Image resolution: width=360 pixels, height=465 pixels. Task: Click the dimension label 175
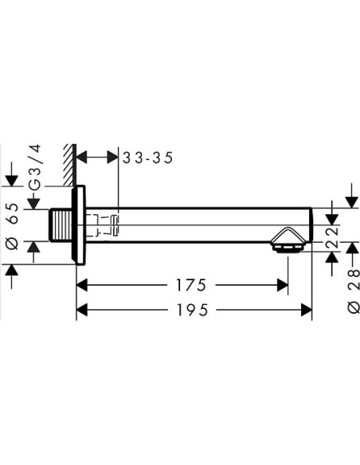click(191, 285)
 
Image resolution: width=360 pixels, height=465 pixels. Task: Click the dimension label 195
click(193, 311)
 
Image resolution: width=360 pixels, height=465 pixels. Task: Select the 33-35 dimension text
click(147, 158)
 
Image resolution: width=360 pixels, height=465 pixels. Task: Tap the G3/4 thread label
click(35, 167)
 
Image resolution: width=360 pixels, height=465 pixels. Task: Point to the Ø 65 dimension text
click(13, 226)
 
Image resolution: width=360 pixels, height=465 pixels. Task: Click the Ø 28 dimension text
click(353, 291)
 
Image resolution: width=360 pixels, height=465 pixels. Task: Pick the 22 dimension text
click(332, 238)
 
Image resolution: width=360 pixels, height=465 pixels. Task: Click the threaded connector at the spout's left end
click(61, 225)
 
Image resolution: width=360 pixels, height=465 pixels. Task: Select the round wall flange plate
click(79, 225)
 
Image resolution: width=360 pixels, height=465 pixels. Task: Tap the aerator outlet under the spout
click(287, 248)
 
